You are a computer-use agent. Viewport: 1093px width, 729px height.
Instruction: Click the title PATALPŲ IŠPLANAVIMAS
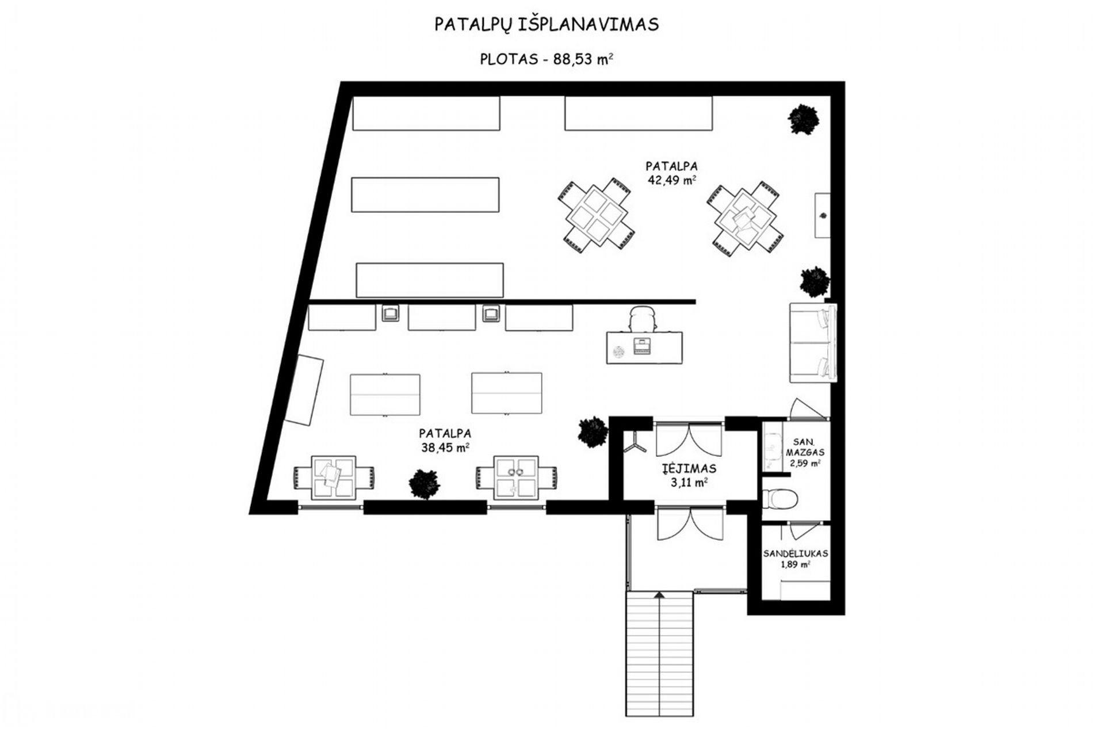546,25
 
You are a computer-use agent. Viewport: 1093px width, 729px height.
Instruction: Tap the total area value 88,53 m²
583,59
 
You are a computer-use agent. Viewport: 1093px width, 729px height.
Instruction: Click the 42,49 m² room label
671,180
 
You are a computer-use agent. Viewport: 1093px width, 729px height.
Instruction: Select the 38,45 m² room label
445,447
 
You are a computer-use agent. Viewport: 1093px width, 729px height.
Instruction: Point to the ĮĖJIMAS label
689,468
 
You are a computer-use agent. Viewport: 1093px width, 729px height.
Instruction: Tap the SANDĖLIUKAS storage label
796,554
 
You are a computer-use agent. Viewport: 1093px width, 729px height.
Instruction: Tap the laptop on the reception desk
641,347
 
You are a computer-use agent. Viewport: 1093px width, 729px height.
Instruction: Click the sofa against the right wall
813,343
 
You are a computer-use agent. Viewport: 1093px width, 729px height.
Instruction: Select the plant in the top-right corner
803,119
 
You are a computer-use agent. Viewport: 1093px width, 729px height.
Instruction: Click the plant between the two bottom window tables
425,483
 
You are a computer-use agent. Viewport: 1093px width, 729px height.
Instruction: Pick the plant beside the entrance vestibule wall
592,432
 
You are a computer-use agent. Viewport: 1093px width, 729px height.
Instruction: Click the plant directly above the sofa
815,281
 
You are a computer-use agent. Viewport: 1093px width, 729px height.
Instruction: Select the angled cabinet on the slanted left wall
305,390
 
